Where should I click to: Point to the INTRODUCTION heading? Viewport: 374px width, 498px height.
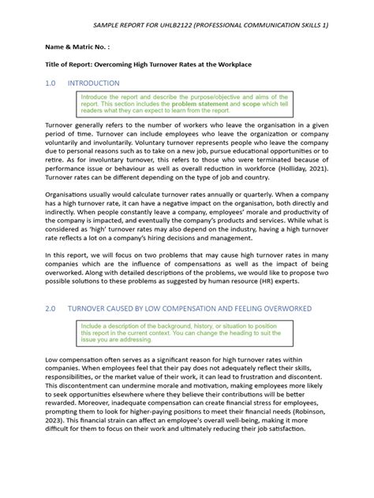pos(94,83)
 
